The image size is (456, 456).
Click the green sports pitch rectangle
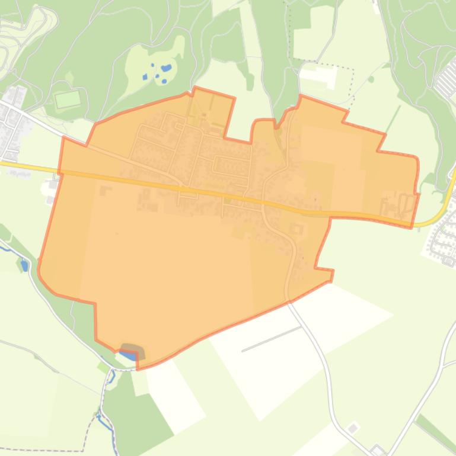click(x=68, y=99)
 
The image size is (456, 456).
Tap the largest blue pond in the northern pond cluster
click(x=167, y=68)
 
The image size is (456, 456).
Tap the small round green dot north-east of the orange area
click(x=371, y=79)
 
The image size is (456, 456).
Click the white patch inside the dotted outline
click(x=320, y=75)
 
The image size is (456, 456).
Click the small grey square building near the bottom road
click(x=353, y=428)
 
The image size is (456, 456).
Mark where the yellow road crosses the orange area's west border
click(x=59, y=172)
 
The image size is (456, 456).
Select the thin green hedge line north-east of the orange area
click(x=391, y=118)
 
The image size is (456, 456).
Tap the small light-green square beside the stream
click(x=104, y=367)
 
